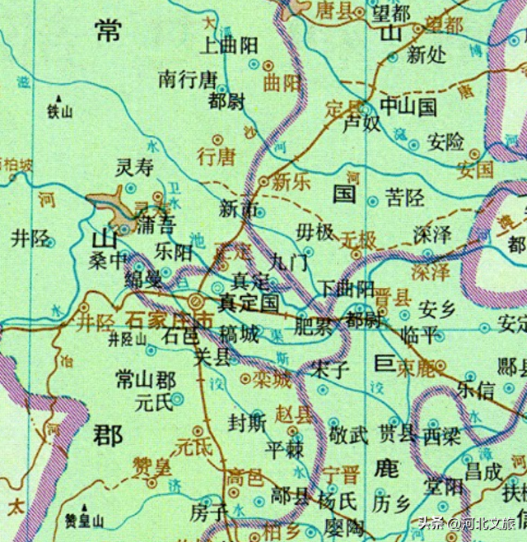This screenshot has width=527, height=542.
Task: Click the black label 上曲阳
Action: (231, 46)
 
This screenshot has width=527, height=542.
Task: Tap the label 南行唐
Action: (188, 79)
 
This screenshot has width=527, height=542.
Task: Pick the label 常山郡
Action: (146, 380)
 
